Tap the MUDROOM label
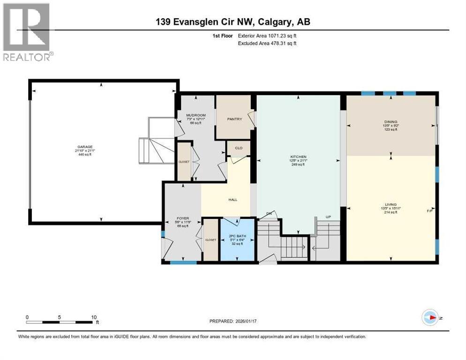pos(195,115)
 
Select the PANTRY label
pos(234,119)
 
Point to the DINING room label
pos(391,122)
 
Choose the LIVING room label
pos(391,204)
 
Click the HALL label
pos(233,200)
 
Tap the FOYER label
pos(182,218)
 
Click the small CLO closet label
pos(239,148)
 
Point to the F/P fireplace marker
pos(429,211)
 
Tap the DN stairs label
pos(269,214)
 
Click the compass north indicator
pos(430,317)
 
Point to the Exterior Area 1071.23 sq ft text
pos(267,35)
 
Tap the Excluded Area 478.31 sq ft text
pos(267,43)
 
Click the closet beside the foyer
pos(210,240)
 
